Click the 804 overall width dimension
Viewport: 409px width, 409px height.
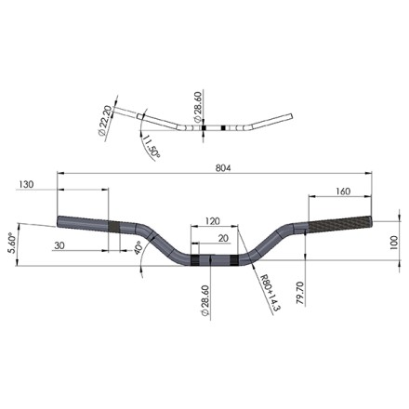click(223, 168)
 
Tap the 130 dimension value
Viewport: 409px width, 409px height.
click(26, 184)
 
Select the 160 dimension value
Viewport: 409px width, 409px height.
click(343, 191)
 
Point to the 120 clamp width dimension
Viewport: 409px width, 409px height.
click(213, 221)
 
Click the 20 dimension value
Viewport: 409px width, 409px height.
click(223, 238)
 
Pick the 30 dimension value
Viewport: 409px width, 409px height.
click(59, 245)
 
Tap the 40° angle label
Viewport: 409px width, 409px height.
click(139, 248)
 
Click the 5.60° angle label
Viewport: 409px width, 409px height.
click(12, 243)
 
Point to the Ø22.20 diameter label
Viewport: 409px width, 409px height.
click(104, 121)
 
